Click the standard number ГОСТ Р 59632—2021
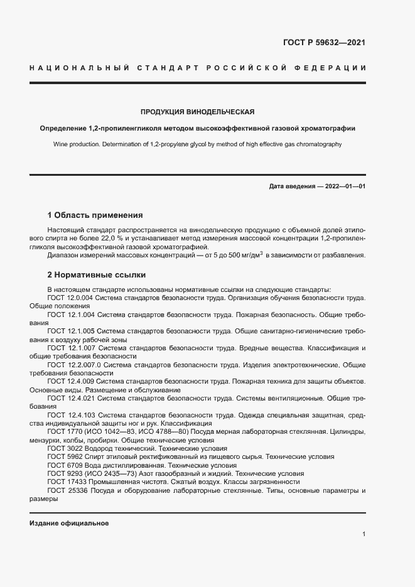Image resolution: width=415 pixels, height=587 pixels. click(x=325, y=43)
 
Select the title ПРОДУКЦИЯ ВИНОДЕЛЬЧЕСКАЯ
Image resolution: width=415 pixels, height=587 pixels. click(x=197, y=112)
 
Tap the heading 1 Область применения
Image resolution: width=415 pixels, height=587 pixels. click(x=95, y=215)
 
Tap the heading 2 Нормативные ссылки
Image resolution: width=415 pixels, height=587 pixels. click(x=97, y=275)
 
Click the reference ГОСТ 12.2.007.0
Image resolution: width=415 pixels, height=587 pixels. click(x=74, y=364)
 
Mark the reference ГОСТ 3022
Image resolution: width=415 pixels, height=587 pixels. click(x=64, y=448)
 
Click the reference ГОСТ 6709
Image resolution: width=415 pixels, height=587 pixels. click(x=64, y=465)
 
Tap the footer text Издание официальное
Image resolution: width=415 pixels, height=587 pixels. click(x=69, y=522)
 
